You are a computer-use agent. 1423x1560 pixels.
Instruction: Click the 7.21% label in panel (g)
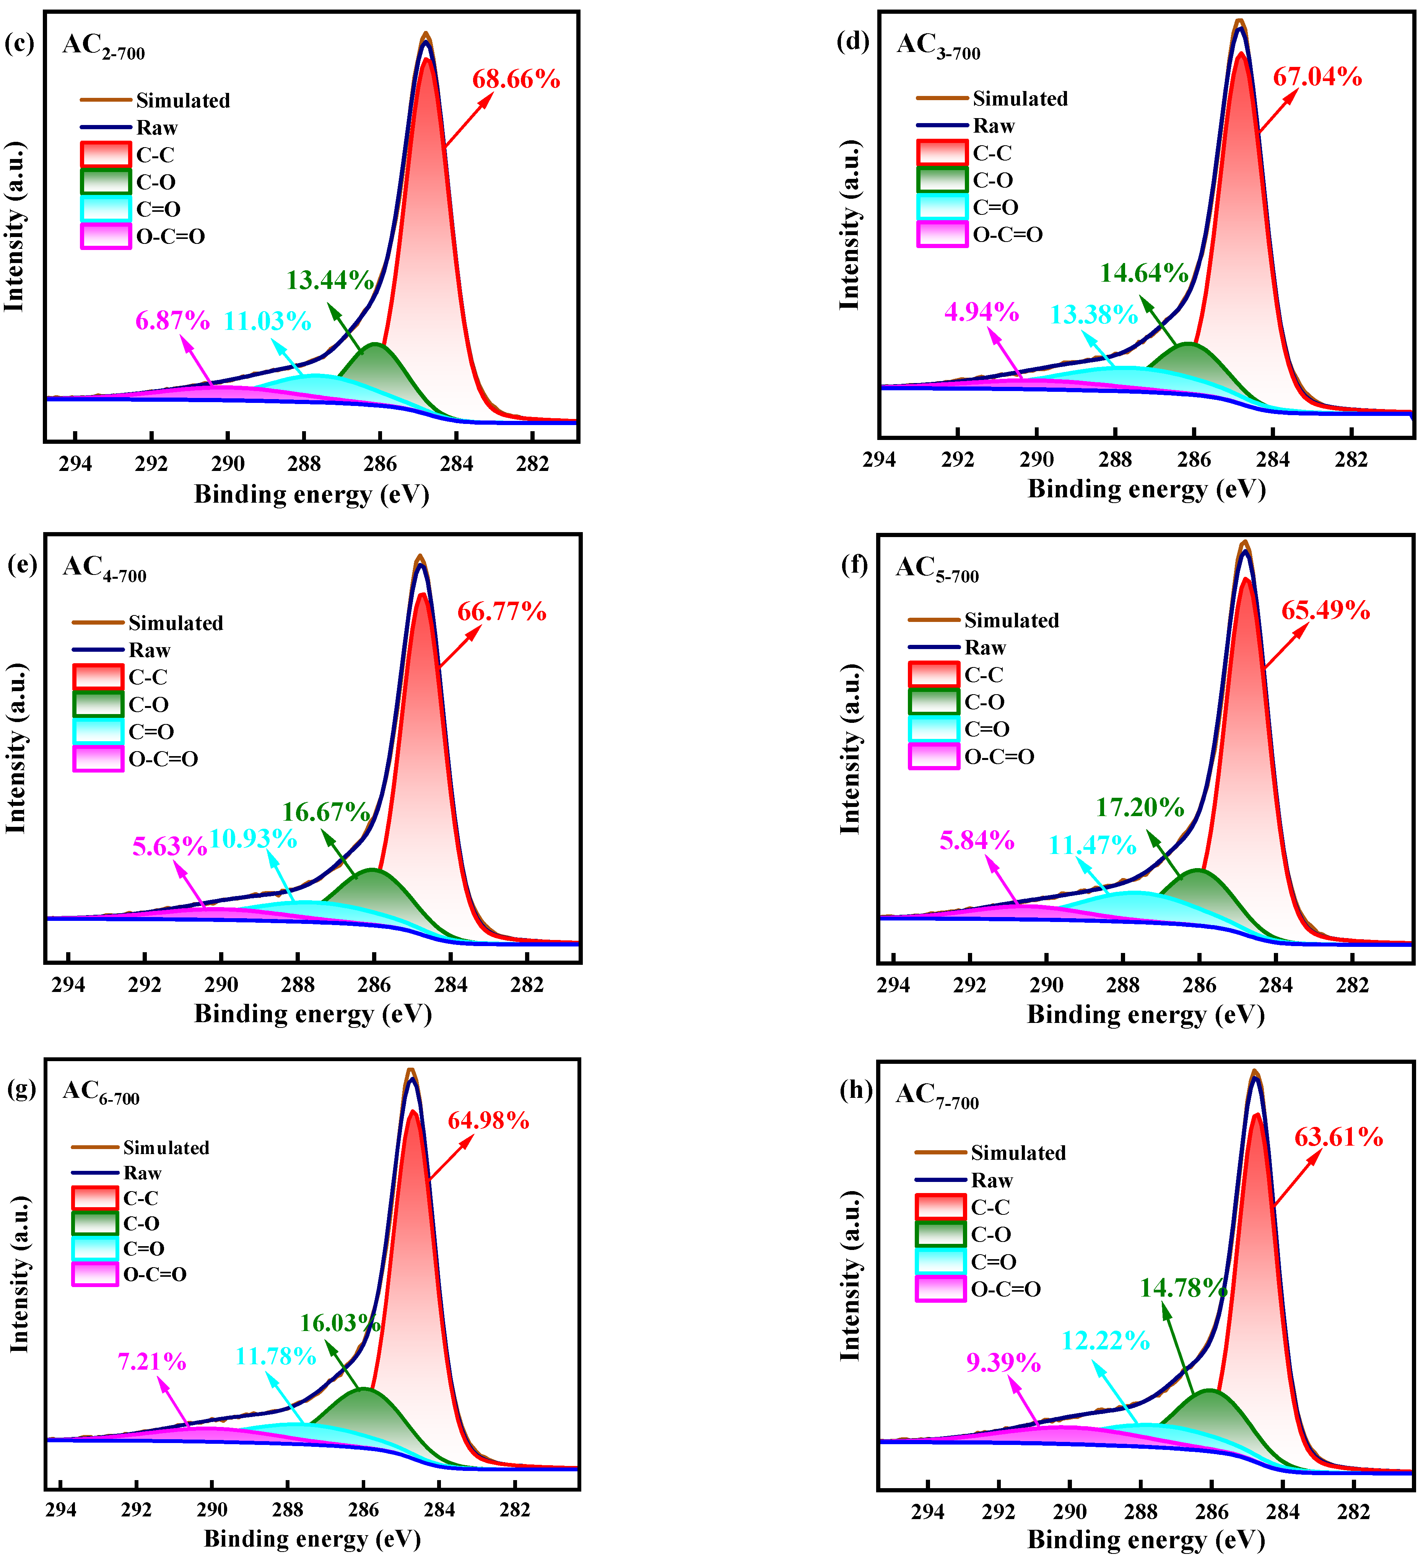[152, 1361]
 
